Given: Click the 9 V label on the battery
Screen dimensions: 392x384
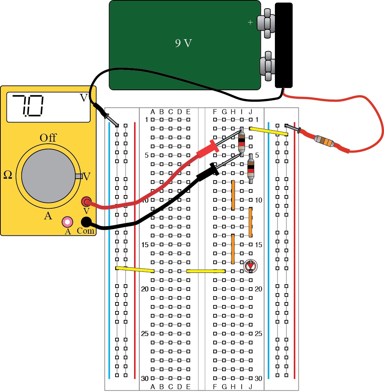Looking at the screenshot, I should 183,44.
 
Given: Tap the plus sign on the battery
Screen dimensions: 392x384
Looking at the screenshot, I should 250,22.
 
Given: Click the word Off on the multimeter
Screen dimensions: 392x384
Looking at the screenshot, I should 48,138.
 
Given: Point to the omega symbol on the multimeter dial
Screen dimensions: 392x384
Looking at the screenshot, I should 7,174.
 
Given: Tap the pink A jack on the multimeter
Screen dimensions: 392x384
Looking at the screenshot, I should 67,222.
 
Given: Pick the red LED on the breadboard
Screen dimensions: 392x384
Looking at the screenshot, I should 250,266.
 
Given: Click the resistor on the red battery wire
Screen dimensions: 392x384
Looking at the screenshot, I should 324,142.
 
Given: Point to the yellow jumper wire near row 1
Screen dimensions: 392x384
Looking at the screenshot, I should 268,131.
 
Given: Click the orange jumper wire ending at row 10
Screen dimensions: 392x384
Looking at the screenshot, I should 233,195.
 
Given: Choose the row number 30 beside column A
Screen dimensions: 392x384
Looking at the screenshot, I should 145,378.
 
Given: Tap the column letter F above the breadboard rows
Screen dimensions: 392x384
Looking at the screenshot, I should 215,112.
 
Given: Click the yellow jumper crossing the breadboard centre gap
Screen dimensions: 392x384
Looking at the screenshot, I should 206,271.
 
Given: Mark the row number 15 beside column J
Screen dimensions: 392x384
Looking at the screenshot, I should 259,245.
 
